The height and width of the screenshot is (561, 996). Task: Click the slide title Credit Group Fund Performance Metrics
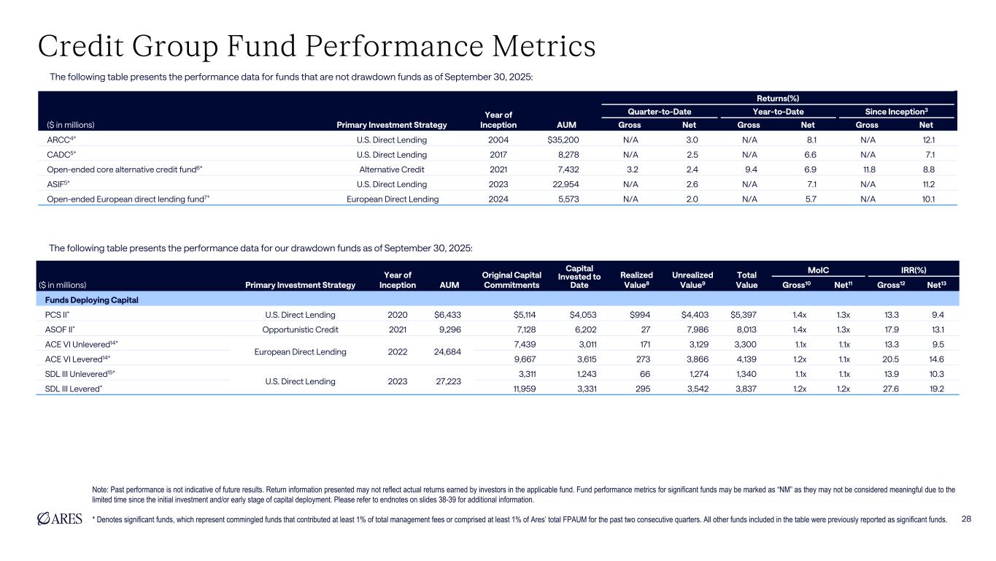317,47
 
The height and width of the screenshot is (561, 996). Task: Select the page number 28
966,519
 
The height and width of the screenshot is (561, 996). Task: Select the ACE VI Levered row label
76,359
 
